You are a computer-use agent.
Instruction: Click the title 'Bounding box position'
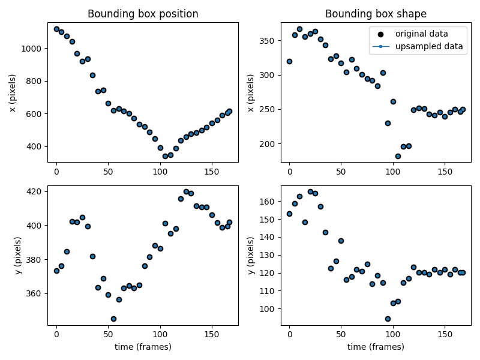pos(143,14)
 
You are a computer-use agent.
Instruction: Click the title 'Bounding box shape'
pos(376,14)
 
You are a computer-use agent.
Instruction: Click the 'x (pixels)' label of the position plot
pos(13,92)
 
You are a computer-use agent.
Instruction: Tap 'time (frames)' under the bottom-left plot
pos(143,347)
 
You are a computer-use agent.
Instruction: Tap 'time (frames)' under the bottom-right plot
pos(376,347)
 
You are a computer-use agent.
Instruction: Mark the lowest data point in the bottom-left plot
pos(113,319)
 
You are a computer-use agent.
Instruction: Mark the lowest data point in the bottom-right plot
pos(388,319)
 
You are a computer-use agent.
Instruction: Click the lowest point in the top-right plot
pos(398,156)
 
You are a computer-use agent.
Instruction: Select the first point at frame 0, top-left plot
pos(56,29)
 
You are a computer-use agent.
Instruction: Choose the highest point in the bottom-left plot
pos(186,191)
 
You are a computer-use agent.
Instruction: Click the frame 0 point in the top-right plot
pos(289,61)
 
